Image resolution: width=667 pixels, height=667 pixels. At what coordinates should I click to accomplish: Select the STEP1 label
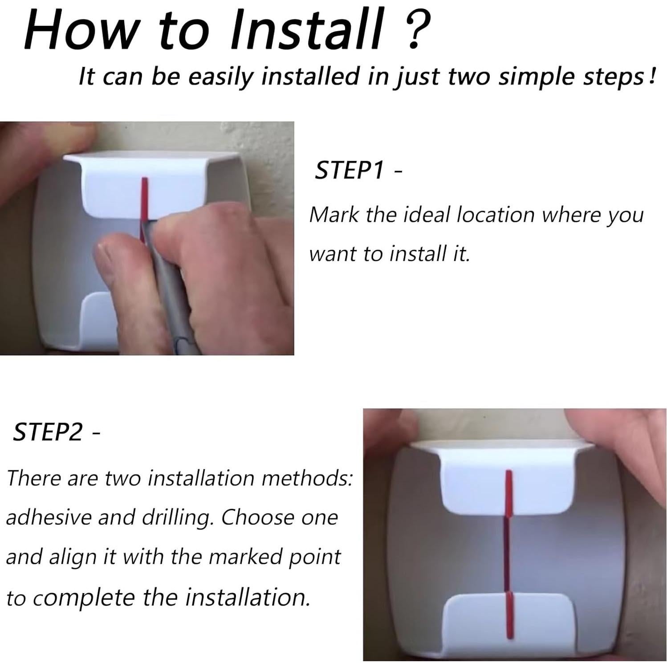coord(349,170)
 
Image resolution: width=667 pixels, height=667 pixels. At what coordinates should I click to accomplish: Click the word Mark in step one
coord(333,215)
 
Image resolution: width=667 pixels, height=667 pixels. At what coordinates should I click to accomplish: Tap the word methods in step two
coord(307,478)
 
